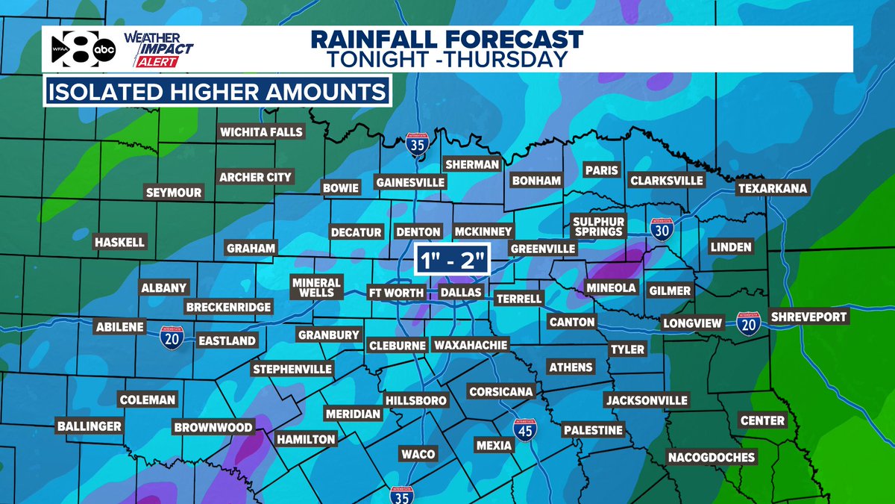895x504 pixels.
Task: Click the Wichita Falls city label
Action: pyautogui.click(x=261, y=132)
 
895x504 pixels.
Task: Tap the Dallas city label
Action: pyautogui.click(x=460, y=292)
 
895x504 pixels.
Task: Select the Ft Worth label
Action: pyautogui.click(x=395, y=292)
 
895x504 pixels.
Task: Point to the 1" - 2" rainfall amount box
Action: pyautogui.click(x=451, y=261)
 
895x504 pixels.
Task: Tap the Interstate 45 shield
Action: pyautogui.click(x=525, y=431)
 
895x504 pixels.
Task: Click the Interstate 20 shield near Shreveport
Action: pyautogui.click(x=748, y=322)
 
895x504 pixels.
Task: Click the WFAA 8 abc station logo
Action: pyautogui.click(x=82, y=49)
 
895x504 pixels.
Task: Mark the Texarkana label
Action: pyautogui.click(x=772, y=188)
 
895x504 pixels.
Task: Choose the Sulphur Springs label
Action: pyautogui.click(x=597, y=225)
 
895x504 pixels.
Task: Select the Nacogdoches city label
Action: pyautogui.click(x=711, y=457)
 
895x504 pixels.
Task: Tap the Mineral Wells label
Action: pyautogui.click(x=316, y=287)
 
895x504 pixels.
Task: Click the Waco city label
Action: pyautogui.click(x=418, y=454)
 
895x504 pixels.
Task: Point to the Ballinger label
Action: pyautogui.click(x=89, y=426)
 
